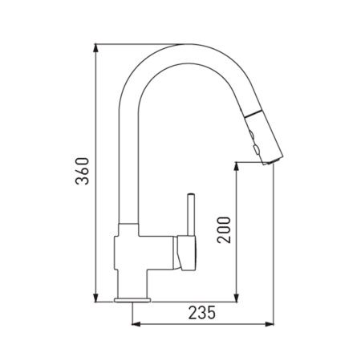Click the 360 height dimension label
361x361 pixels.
(82, 171)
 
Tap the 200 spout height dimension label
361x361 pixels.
(224, 230)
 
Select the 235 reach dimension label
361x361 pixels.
(202, 313)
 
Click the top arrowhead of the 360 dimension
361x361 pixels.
(95, 48)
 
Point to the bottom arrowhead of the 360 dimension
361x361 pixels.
(95, 298)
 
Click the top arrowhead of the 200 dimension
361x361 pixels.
(236, 167)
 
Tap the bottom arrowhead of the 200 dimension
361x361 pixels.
(236, 298)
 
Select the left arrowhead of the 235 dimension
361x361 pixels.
(136, 324)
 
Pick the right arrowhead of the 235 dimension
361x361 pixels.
(270, 324)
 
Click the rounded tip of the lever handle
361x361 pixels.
(191, 194)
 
